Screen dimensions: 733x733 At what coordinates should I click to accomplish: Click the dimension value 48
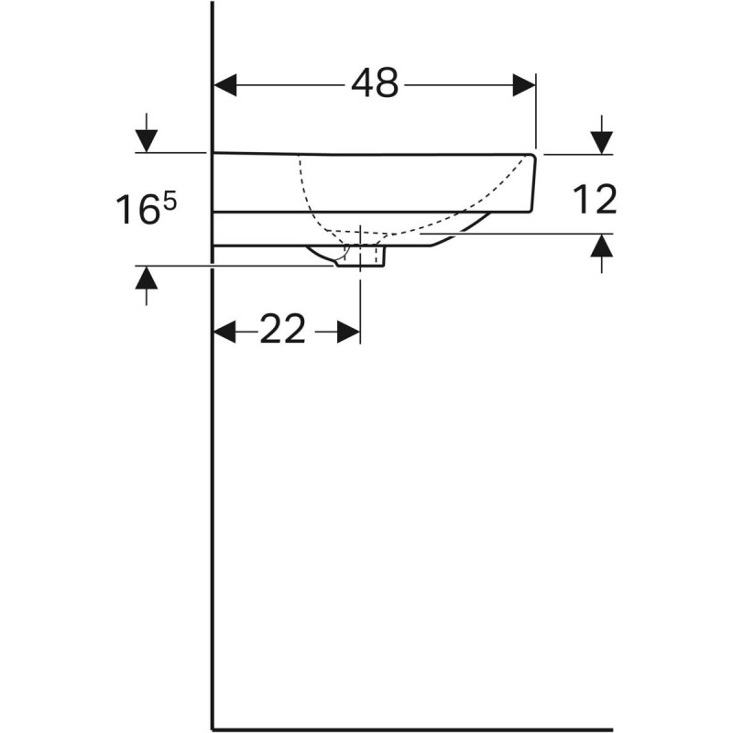click(375, 84)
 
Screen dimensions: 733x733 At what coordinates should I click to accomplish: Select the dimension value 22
click(282, 330)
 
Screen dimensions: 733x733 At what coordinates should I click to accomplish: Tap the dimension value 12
click(594, 199)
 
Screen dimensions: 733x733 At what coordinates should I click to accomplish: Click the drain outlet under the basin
click(361, 257)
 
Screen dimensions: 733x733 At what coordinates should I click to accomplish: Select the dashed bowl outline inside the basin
click(312, 197)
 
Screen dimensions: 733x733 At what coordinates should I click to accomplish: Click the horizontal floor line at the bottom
click(458, 730)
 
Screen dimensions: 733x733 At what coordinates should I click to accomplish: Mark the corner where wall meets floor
click(213, 730)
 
